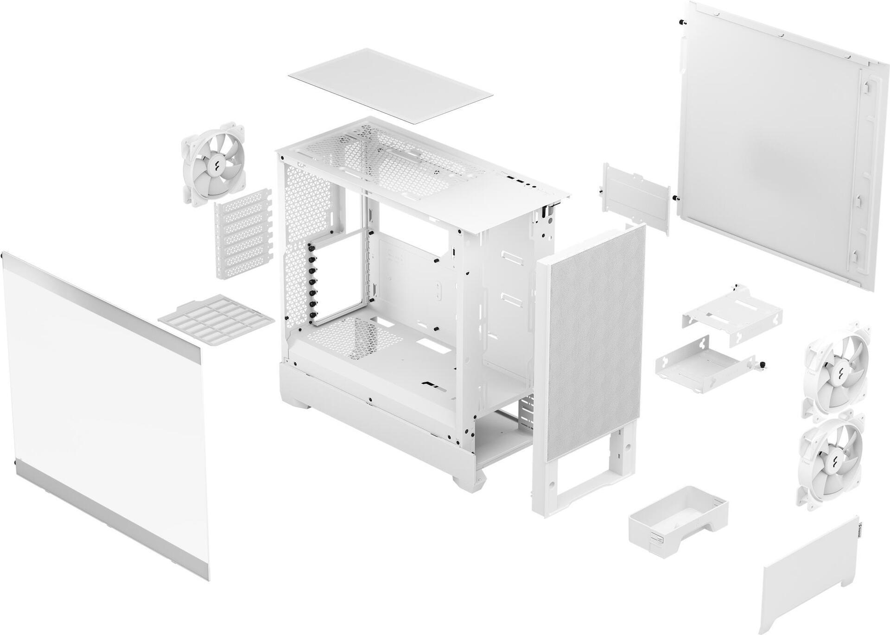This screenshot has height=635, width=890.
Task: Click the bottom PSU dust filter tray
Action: coord(216,320)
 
